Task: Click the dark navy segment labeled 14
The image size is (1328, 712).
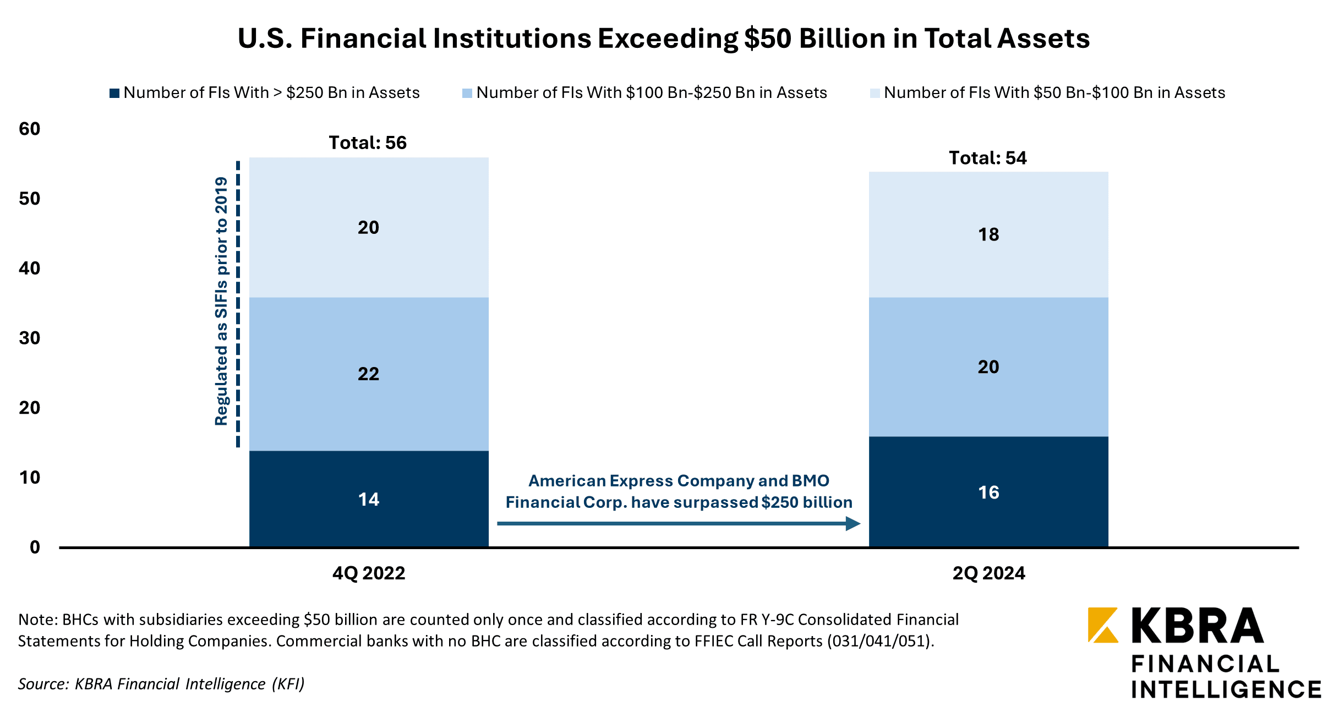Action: tap(369, 499)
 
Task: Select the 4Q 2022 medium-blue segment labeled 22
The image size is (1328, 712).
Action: tap(369, 374)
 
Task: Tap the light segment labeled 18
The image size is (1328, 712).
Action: tap(988, 235)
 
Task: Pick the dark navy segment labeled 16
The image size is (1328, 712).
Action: tap(988, 492)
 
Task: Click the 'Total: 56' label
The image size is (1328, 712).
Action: tap(368, 143)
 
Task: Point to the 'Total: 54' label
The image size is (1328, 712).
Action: tap(988, 158)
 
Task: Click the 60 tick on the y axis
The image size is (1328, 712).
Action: tap(30, 129)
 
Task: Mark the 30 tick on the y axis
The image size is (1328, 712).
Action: tap(30, 338)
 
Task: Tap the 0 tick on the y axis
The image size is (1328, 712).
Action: tap(35, 547)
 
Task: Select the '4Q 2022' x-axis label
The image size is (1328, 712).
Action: tap(369, 573)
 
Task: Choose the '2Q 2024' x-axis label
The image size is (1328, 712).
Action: tap(989, 573)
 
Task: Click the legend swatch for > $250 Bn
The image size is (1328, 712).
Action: tap(114, 93)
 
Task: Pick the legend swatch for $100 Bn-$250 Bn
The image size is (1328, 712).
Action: tap(467, 93)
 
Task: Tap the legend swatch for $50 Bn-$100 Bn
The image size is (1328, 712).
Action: tap(875, 93)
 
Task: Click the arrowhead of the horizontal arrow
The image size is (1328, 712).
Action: tap(853, 523)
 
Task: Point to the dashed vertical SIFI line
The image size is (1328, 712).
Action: tap(238, 303)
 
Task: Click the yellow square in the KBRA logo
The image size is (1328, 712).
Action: tap(1103, 625)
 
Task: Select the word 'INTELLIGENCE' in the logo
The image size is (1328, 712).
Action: tap(1226, 689)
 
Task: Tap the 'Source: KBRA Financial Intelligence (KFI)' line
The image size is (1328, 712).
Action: tap(161, 684)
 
